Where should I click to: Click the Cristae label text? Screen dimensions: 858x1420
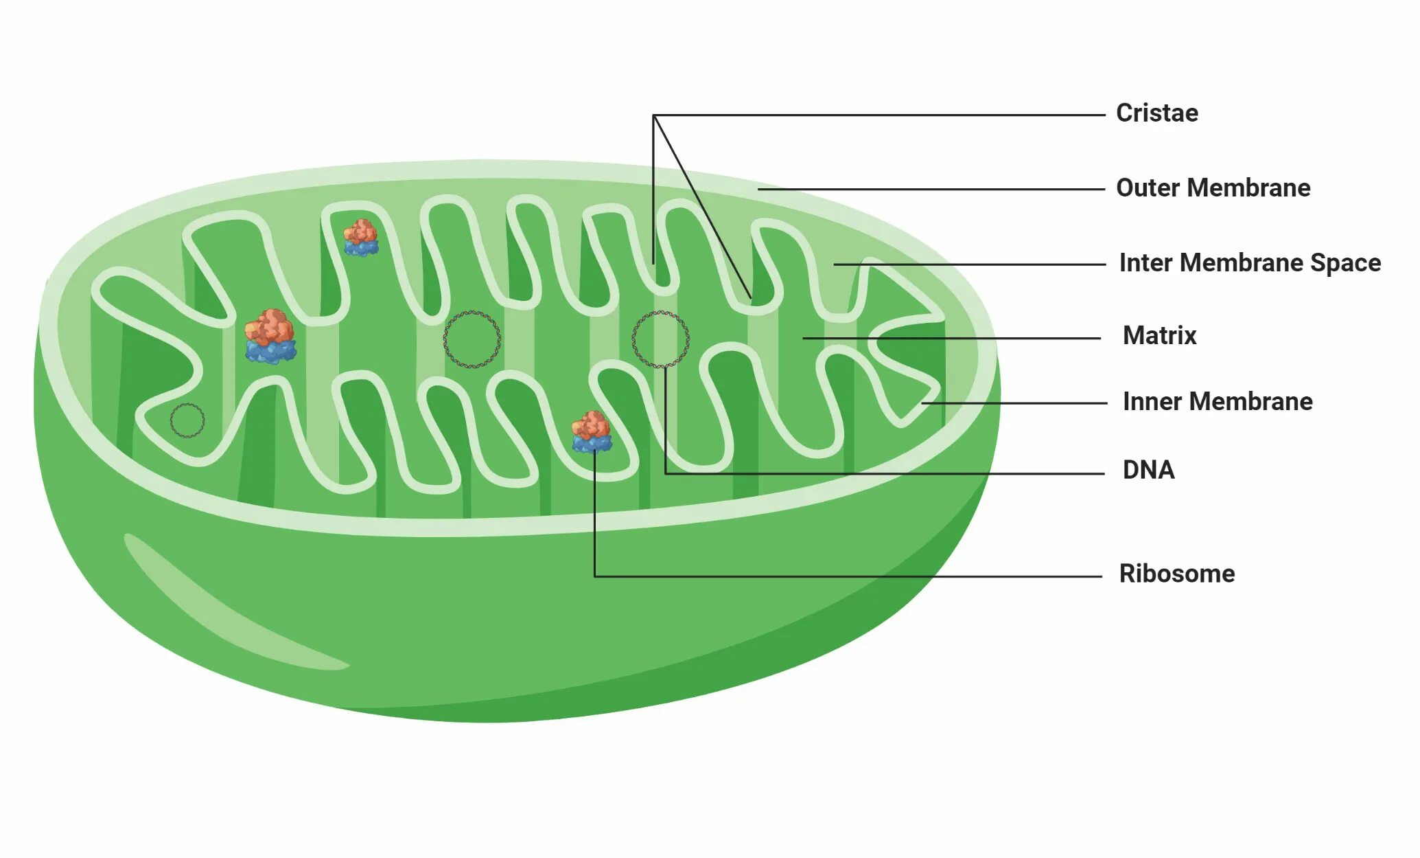tap(1156, 113)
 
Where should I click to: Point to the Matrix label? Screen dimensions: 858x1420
tap(1159, 335)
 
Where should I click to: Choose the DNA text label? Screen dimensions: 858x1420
tap(1148, 470)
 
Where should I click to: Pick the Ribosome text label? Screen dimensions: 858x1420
tap(1176, 574)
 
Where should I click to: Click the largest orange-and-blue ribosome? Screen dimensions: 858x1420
tap(270, 336)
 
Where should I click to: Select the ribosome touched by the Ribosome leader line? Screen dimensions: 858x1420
tap(592, 432)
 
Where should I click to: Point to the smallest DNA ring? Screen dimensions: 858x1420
tap(187, 420)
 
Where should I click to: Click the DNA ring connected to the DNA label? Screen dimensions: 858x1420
tap(660, 339)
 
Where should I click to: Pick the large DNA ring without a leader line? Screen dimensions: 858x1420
tap(472, 339)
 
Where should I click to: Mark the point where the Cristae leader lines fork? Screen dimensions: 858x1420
tap(653, 115)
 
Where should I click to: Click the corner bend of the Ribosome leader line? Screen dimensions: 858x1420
tap(595, 576)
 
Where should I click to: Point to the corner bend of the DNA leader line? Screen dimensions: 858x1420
tap(666, 473)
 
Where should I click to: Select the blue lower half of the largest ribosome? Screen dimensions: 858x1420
tap(271, 351)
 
